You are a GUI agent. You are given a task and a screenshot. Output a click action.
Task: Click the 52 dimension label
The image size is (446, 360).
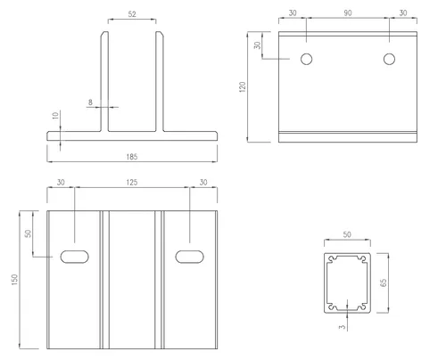[x=132, y=14]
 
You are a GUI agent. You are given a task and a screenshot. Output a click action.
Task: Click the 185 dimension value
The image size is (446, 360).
[x=132, y=157]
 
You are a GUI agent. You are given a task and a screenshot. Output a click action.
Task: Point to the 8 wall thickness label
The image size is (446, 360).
[x=90, y=102]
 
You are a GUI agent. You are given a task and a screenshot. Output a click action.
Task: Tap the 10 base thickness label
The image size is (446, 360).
[x=55, y=116]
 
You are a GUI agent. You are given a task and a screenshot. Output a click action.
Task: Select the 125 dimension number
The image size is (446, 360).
[x=132, y=182]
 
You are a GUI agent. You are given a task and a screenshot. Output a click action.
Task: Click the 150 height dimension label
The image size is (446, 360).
[x=14, y=280]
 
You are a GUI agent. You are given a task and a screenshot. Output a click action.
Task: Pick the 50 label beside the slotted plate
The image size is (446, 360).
[x=28, y=233]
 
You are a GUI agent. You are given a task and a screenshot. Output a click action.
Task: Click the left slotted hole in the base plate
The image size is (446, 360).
[x=74, y=257]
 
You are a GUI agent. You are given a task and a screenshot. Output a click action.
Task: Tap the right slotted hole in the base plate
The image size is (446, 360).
[x=190, y=257]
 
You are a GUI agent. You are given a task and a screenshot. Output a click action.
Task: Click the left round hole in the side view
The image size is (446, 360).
[x=306, y=59]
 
